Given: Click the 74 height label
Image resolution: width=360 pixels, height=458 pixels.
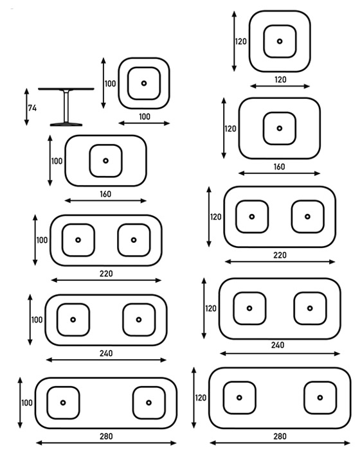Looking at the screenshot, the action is click(32, 108).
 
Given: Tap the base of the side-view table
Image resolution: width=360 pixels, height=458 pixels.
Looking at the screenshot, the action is click(66, 125).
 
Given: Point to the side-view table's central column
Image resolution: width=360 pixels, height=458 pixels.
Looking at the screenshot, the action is click(66, 106).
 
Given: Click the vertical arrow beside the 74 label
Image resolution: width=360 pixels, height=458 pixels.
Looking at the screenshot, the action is click(26, 107).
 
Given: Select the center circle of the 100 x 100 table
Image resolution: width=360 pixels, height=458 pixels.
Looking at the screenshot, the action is click(144, 84).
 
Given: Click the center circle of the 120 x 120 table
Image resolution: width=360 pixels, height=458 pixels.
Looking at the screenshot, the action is click(280, 41).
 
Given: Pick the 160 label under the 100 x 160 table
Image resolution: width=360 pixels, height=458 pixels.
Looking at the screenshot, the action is click(105, 194).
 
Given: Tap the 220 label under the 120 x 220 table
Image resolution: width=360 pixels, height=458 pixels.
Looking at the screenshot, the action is click(280, 255).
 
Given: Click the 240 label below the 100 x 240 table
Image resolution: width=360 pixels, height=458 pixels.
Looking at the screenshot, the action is click(106, 353).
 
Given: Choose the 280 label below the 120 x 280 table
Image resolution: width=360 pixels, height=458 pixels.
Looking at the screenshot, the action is click(280, 436).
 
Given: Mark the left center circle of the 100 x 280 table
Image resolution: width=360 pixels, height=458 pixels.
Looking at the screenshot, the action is click(63, 403).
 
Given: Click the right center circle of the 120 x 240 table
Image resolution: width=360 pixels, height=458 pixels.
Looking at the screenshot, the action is click(310, 308).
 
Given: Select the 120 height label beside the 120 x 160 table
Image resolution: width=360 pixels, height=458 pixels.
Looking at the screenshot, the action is click(230, 129).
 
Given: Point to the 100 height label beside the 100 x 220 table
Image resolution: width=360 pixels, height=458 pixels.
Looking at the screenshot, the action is click(42, 240).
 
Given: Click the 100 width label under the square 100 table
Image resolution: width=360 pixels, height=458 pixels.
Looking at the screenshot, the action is click(145, 117).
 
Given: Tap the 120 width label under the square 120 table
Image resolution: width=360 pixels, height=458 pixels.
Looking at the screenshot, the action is click(280, 80).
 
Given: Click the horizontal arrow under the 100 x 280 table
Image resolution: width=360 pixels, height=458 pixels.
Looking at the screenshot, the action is click(106, 443).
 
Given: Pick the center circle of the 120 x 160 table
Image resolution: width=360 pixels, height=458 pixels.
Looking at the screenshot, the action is click(280, 128).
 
